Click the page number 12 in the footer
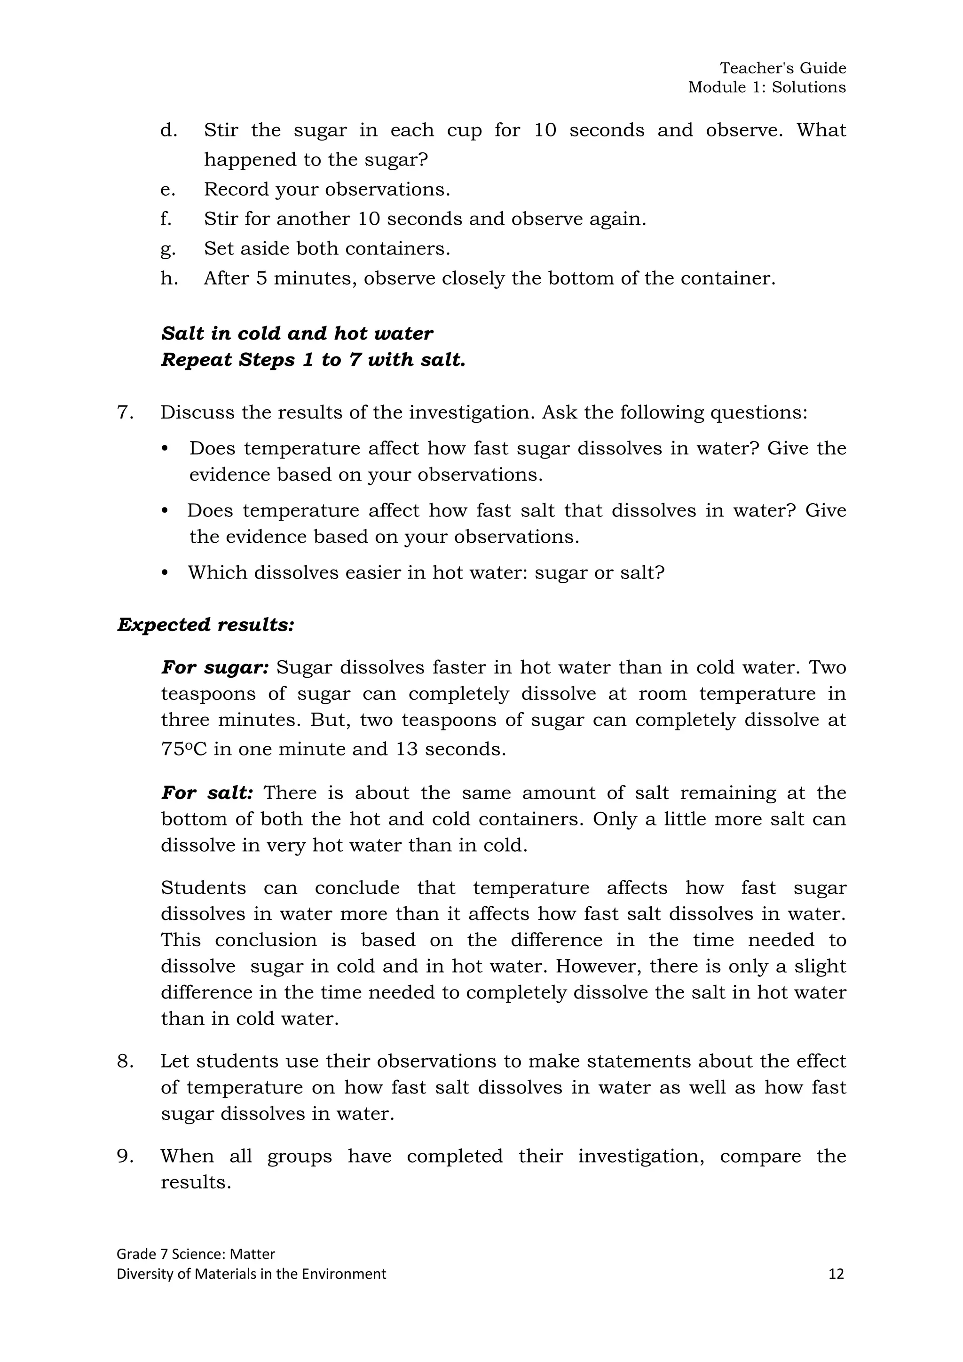(x=836, y=1274)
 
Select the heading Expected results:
(x=206, y=625)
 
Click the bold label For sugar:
(x=215, y=667)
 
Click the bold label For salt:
(x=207, y=792)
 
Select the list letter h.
(x=169, y=278)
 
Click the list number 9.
(x=125, y=1156)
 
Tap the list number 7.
(x=125, y=412)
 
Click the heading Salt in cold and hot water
(x=297, y=333)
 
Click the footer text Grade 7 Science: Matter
(x=196, y=1253)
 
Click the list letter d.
(x=169, y=130)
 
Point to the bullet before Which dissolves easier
(x=166, y=573)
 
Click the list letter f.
(x=166, y=219)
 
